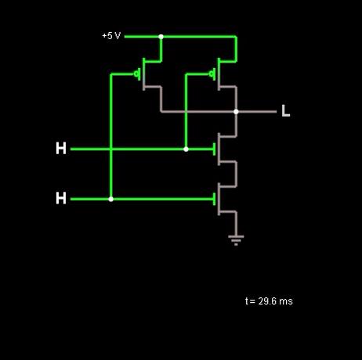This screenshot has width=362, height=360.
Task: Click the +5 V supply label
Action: click(x=111, y=36)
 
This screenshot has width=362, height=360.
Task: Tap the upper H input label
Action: click(x=61, y=149)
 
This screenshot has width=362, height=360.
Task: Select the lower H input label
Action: click(x=61, y=198)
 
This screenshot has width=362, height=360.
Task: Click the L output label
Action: click(x=286, y=110)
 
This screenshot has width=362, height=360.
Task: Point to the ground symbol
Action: click(x=236, y=240)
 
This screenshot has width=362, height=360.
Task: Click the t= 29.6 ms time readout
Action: click(x=269, y=301)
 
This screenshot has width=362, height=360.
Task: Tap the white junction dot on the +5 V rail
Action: click(x=161, y=37)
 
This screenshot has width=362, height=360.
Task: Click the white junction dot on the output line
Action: click(x=236, y=112)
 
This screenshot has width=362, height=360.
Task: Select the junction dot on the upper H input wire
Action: click(x=186, y=149)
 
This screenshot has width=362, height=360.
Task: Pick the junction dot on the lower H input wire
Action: click(x=111, y=199)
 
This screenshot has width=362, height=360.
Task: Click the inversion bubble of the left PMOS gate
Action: click(x=136, y=74)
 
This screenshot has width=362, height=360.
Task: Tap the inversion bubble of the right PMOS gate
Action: click(x=212, y=74)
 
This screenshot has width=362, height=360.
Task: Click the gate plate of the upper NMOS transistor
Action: click(x=215, y=149)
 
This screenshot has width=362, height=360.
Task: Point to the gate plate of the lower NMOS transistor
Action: click(x=215, y=199)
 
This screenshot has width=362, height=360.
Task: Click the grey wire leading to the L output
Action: click(x=256, y=112)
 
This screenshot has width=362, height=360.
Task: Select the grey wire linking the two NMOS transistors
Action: click(x=237, y=174)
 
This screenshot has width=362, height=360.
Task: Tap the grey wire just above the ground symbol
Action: click(x=236, y=224)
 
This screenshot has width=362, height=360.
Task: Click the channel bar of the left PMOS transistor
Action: click(x=143, y=74)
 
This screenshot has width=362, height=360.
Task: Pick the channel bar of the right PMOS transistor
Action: click(x=219, y=74)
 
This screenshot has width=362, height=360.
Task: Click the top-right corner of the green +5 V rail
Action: click(x=237, y=37)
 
